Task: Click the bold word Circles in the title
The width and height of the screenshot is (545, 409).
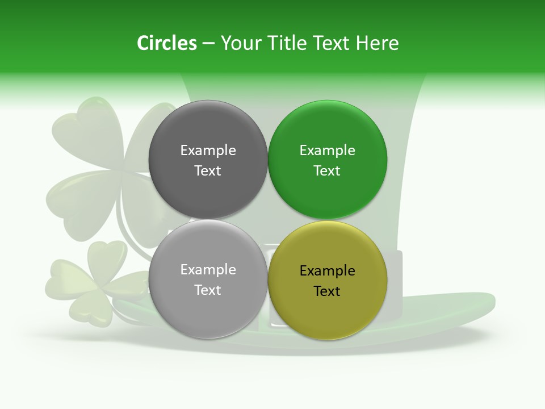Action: coord(167,43)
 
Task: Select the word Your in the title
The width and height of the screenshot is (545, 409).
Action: coord(240,43)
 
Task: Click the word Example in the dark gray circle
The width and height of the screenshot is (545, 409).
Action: coord(208,150)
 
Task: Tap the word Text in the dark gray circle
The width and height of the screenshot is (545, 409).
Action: coord(208,170)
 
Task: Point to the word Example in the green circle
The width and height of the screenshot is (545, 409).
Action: coord(327,150)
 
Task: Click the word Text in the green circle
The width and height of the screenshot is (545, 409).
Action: coord(327,170)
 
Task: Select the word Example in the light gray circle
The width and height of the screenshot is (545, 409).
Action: coord(208,269)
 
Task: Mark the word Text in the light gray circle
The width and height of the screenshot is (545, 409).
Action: coord(208,290)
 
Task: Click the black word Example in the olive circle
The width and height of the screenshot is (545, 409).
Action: coord(327,270)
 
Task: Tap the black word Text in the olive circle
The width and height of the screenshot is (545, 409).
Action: coord(327,291)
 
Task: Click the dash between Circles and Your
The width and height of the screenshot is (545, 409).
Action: coord(208,44)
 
